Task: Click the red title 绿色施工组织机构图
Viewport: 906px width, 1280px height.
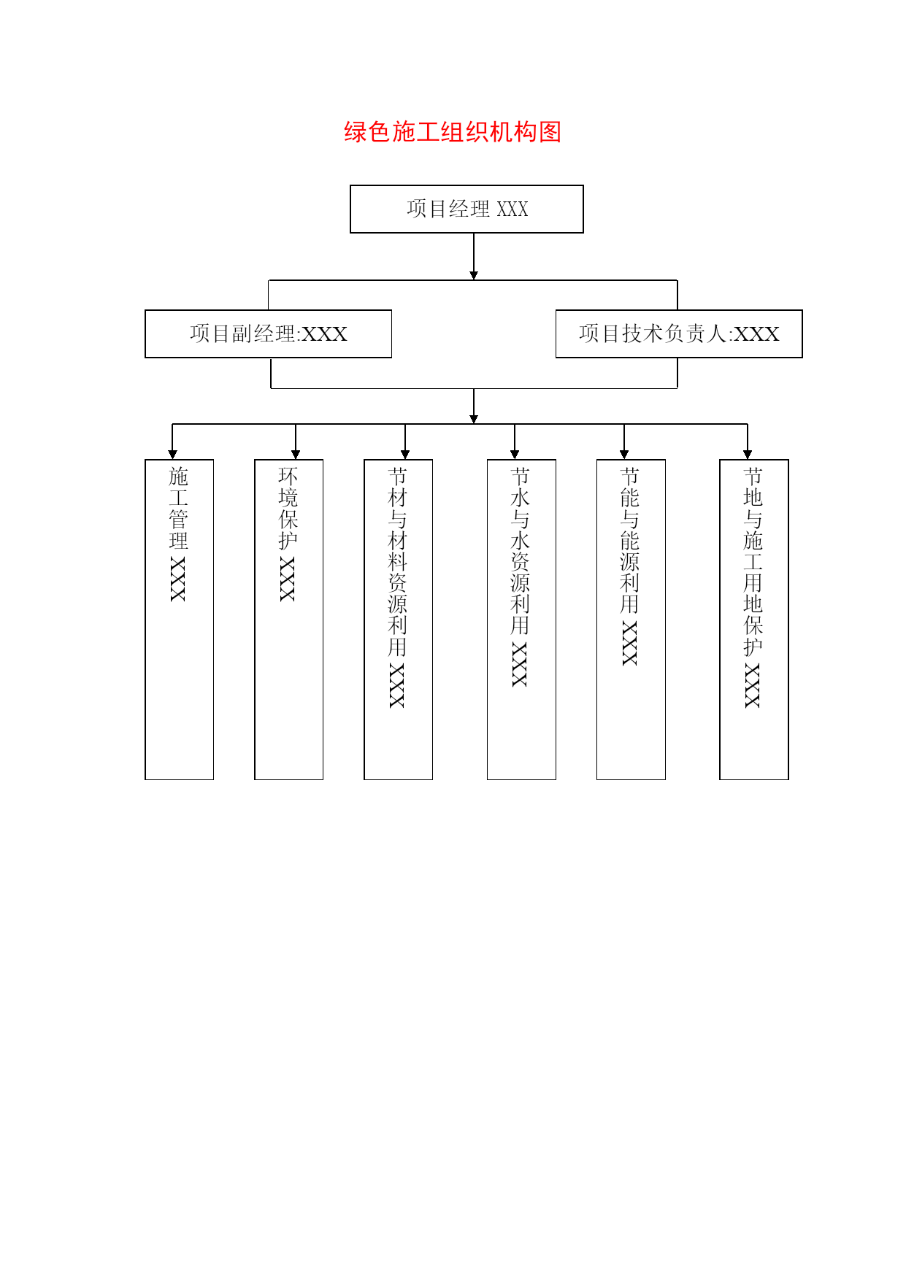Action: pyautogui.click(x=453, y=132)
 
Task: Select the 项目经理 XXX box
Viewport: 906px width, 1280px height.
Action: pyautogui.click(x=467, y=209)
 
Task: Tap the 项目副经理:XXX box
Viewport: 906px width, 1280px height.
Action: pyautogui.click(x=269, y=334)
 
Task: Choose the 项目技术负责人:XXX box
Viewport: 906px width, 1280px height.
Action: pyautogui.click(x=679, y=334)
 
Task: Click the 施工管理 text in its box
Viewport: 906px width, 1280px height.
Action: pyautogui.click(x=179, y=509)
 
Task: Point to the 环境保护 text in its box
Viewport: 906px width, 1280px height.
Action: pyautogui.click(x=288, y=509)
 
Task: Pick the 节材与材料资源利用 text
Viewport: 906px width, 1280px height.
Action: pyautogui.click(x=398, y=562)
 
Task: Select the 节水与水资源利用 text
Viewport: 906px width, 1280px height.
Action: pyautogui.click(x=521, y=551)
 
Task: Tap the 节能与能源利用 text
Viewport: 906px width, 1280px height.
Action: pyautogui.click(x=630, y=541)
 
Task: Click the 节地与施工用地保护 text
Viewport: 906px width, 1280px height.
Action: pyautogui.click(x=753, y=562)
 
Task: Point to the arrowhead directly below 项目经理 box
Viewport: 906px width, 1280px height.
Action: pyautogui.click(x=474, y=275)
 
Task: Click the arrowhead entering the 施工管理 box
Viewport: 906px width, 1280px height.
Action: pyautogui.click(x=172, y=455)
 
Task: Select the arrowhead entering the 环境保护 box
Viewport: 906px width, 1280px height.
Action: pyautogui.click(x=296, y=455)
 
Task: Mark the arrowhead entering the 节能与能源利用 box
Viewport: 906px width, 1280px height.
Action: pyautogui.click(x=624, y=455)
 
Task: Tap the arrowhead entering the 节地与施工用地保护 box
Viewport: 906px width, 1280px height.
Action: pyautogui.click(x=748, y=455)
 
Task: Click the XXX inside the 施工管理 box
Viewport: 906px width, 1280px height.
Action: pyautogui.click(x=178, y=579)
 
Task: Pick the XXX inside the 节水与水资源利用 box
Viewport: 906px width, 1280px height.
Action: pyautogui.click(x=520, y=664)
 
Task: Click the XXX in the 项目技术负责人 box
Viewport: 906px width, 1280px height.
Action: pyautogui.click(x=756, y=334)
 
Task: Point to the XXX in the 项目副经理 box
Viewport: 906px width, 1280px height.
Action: pyautogui.click(x=324, y=334)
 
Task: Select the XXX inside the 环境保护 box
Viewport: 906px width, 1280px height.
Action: pyautogui.click(x=288, y=579)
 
